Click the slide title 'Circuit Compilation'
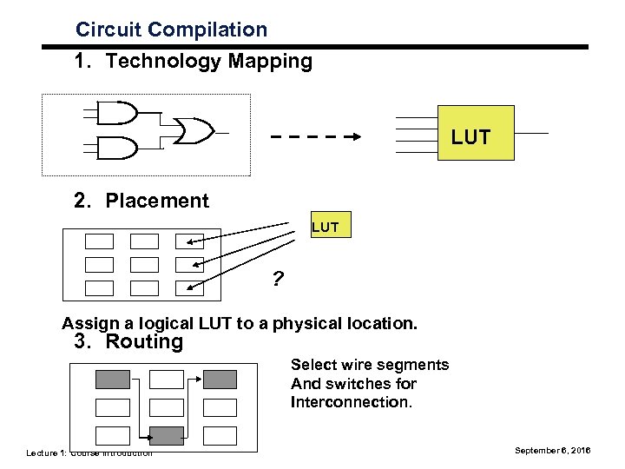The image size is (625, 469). (x=171, y=30)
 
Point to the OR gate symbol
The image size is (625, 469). (x=193, y=131)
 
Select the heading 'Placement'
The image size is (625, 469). (x=156, y=201)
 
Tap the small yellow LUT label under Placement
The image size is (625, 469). (x=326, y=228)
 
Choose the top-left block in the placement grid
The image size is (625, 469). (x=99, y=241)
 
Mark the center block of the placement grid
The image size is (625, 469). (x=144, y=265)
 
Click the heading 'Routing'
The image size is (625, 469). (x=143, y=341)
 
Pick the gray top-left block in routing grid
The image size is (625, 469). (x=112, y=379)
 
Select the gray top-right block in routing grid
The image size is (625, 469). (x=219, y=379)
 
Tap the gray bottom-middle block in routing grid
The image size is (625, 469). (x=166, y=434)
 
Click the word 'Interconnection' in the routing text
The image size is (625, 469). (x=351, y=402)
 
